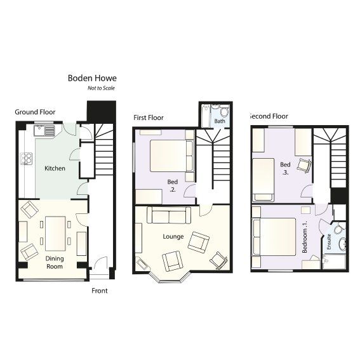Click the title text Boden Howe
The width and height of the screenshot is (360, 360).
click(x=92, y=79)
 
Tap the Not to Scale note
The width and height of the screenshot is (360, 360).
click(x=102, y=88)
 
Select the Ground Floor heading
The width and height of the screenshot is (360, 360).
click(x=35, y=112)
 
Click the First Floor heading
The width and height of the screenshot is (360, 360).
click(x=149, y=117)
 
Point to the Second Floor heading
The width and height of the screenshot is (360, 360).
click(x=268, y=116)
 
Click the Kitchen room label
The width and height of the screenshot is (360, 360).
click(x=55, y=169)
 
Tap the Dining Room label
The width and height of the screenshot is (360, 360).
click(x=55, y=262)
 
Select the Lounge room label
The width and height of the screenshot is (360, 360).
click(x=173, y=237)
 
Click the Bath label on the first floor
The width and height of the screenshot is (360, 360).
click(x=219, y=121)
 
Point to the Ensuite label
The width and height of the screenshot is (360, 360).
click(x=329, y=242)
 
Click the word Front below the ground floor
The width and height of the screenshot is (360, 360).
click(x=99, y=291)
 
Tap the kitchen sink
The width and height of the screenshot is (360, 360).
click(x=46, y=131)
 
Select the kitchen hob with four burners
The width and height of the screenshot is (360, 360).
click(x=27, y=159)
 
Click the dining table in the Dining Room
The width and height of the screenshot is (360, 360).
click(x=55, y=233)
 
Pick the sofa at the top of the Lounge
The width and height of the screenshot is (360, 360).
click(x=168, y=216)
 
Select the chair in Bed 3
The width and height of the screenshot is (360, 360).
click(x=305, y=165)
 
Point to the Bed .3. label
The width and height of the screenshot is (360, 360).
click(x=286, y=168)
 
